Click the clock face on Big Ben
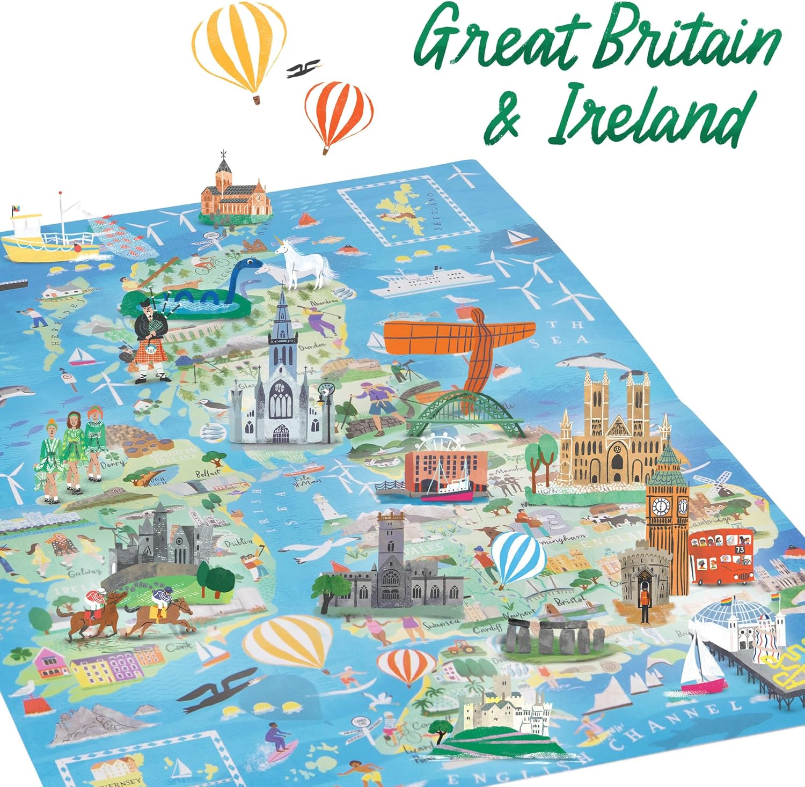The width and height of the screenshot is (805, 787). [x=661, y=505]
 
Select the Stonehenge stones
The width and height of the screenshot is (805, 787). [x=555, y=635]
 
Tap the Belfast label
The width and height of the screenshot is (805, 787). [x=208, y=474]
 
